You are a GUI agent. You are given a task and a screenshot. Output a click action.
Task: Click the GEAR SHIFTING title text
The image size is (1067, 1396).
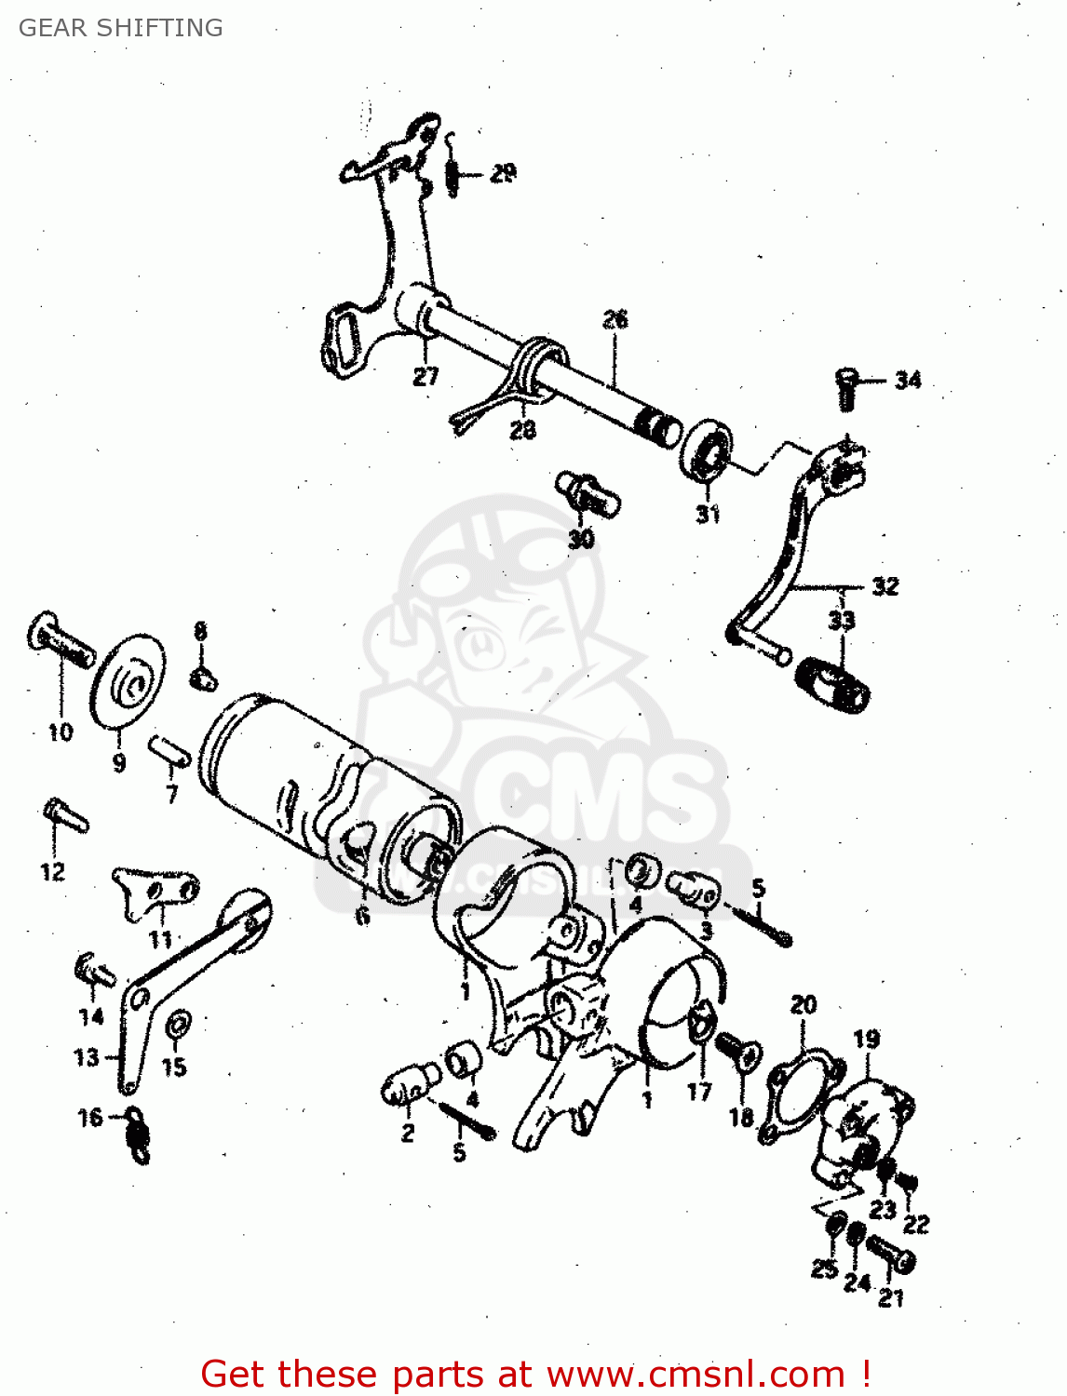121,28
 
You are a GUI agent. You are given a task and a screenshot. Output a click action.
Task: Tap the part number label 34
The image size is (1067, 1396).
908,380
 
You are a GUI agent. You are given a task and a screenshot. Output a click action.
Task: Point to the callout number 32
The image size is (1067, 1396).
885,585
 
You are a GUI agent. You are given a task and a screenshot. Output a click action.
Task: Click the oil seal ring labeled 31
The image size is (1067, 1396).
708,450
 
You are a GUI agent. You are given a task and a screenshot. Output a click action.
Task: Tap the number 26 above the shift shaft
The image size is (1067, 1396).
615,319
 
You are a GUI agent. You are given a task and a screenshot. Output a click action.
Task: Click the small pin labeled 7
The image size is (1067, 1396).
169,750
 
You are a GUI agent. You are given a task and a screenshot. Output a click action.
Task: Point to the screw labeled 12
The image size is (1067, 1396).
64,816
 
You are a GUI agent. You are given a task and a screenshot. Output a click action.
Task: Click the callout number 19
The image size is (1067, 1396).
866,1039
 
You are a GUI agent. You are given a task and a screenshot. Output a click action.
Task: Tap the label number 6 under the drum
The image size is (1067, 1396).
362,916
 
